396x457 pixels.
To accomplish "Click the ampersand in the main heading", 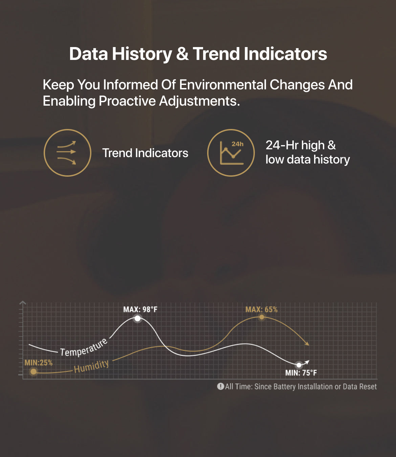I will (182, 54).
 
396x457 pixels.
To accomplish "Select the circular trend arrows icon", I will (67, 153).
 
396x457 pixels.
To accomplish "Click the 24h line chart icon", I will (231, 153).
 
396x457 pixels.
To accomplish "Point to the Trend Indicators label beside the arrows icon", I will (145, 153).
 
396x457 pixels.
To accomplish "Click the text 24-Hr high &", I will (301, 145).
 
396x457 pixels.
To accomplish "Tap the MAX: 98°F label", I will (140, 309).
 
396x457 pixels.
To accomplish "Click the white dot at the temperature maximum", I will (137, 318).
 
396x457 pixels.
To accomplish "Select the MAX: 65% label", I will (261, 309).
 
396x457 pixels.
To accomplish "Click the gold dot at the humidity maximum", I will (262, 317).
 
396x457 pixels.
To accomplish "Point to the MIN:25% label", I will (39, 363).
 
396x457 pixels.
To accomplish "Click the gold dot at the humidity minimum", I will (33, 372).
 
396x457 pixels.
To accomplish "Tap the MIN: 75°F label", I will (301, 373).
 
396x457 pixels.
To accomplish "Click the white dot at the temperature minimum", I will (299, 365).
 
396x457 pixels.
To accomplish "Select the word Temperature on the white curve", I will (84, 348).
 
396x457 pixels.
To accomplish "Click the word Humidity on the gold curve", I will (91, 366).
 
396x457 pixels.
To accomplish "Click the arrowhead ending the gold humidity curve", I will (307, 344).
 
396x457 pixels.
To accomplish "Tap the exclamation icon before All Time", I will (221, 386).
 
